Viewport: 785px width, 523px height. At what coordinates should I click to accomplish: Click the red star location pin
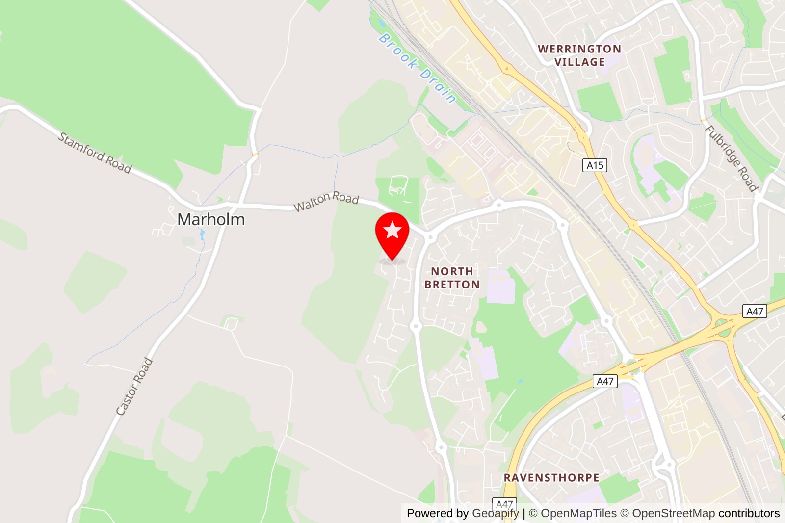coord(392,235)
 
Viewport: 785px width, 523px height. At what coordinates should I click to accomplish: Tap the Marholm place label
coord(211,219)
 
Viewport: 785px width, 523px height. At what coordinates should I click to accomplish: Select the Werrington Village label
coord(579,55)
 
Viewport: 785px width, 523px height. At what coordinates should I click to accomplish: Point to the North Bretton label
coord(452,278)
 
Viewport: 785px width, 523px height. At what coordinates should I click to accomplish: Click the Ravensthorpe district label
coord(551,478)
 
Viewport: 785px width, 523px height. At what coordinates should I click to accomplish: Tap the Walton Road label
coord(326,200)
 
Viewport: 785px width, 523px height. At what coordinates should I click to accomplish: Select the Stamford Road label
coord(95,153)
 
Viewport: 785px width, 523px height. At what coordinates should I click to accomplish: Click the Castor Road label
coord(134,387)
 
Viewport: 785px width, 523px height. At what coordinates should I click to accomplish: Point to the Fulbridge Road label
coord(731,158)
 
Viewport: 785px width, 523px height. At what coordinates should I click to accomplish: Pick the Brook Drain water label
coord(418,68)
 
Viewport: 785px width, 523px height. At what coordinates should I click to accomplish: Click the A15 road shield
coord(595,165)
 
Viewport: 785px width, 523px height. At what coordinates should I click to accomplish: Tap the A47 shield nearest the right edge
coord(755,311)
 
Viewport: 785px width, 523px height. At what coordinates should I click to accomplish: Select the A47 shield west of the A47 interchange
coord(605,381)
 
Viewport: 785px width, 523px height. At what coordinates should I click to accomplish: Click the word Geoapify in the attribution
coord(495,513)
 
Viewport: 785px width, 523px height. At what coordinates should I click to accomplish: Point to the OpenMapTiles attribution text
coord(578,513)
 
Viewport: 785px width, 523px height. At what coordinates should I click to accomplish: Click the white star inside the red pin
coord(392,230)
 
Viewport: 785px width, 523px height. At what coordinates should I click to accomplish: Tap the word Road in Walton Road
coord(345,198)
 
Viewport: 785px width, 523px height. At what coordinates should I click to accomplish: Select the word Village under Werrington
coord(579,62)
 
